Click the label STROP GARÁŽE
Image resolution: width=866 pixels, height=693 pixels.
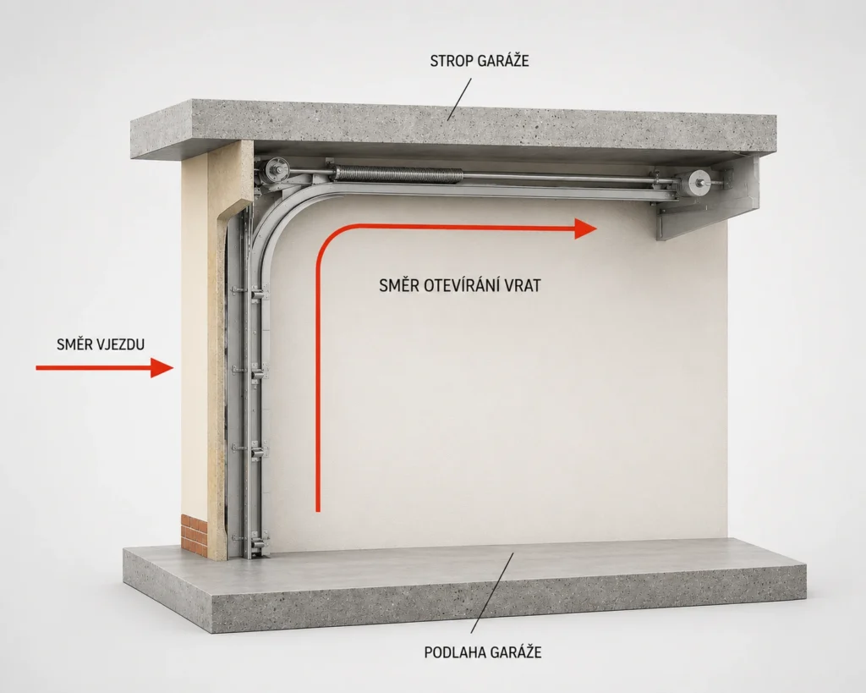pos(480,60)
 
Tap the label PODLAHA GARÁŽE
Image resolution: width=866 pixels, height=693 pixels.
pos(483,652)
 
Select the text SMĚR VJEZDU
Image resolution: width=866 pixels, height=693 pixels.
pos(101,344)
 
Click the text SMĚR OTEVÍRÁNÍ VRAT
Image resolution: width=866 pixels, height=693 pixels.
pos(460,285)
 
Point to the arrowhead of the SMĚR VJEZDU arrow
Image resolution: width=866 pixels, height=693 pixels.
pos(162,367)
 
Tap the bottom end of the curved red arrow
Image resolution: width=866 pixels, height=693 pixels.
pos(318,510)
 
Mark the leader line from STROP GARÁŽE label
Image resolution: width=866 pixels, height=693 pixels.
pos(459,99)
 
